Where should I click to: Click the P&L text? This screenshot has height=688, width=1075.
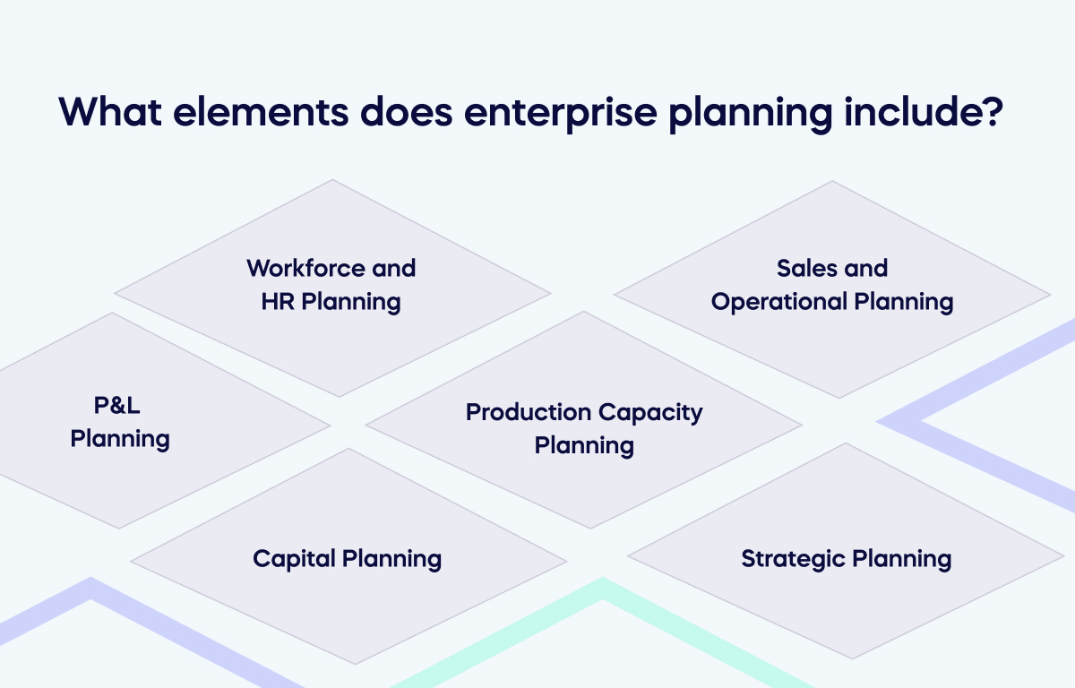coord(117,406)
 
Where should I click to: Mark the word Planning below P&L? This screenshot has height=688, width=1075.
coord(120,440)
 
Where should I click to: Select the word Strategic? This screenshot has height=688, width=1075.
coord(793,559)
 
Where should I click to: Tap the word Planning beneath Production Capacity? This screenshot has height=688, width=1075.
coord(584,445)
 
